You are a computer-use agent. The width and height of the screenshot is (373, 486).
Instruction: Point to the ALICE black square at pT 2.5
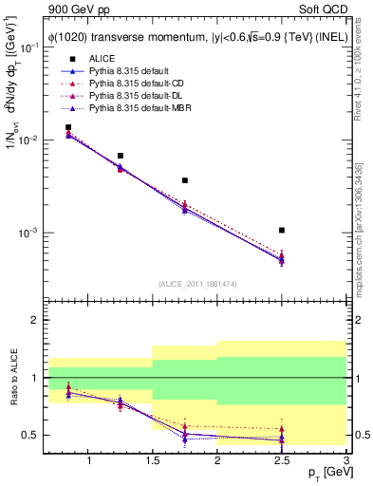click(282, 230)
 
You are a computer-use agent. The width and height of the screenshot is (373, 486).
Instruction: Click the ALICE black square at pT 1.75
click(185, 180)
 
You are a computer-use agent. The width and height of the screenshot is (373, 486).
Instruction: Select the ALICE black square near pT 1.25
click(121, 156)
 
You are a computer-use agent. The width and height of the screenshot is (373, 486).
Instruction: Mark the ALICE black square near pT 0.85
click(68, 127)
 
